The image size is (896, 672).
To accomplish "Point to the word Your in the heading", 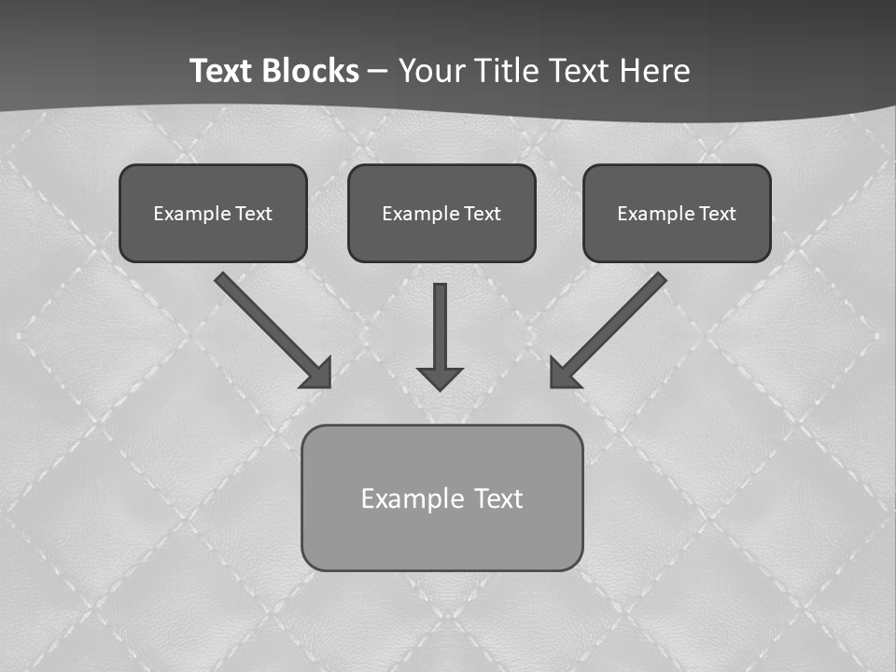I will pyautogui.click(x=431, y=71).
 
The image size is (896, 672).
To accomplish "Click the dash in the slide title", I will pyautogui.click(x=378, y=71).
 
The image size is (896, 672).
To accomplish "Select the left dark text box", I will pyautogui.click(x=213, y=213).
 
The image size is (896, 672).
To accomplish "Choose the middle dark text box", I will pyautogui.click(x=441, y=213).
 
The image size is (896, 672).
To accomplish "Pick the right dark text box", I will pyautogui.click(x=677, y=213).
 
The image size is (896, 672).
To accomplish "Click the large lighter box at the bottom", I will pyautogui.click(x=441, y=497).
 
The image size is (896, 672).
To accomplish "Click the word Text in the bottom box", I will pyautogui.click(x=498, y=498).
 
